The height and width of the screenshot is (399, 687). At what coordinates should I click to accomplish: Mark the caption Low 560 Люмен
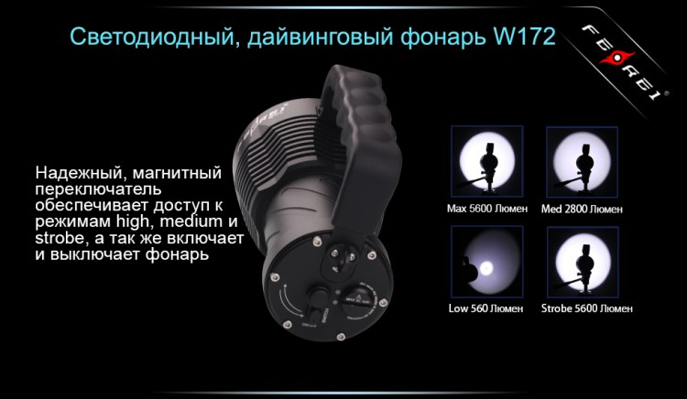tap(486, 308)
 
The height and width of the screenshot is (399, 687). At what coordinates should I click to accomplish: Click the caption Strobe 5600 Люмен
tap(582, 308)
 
